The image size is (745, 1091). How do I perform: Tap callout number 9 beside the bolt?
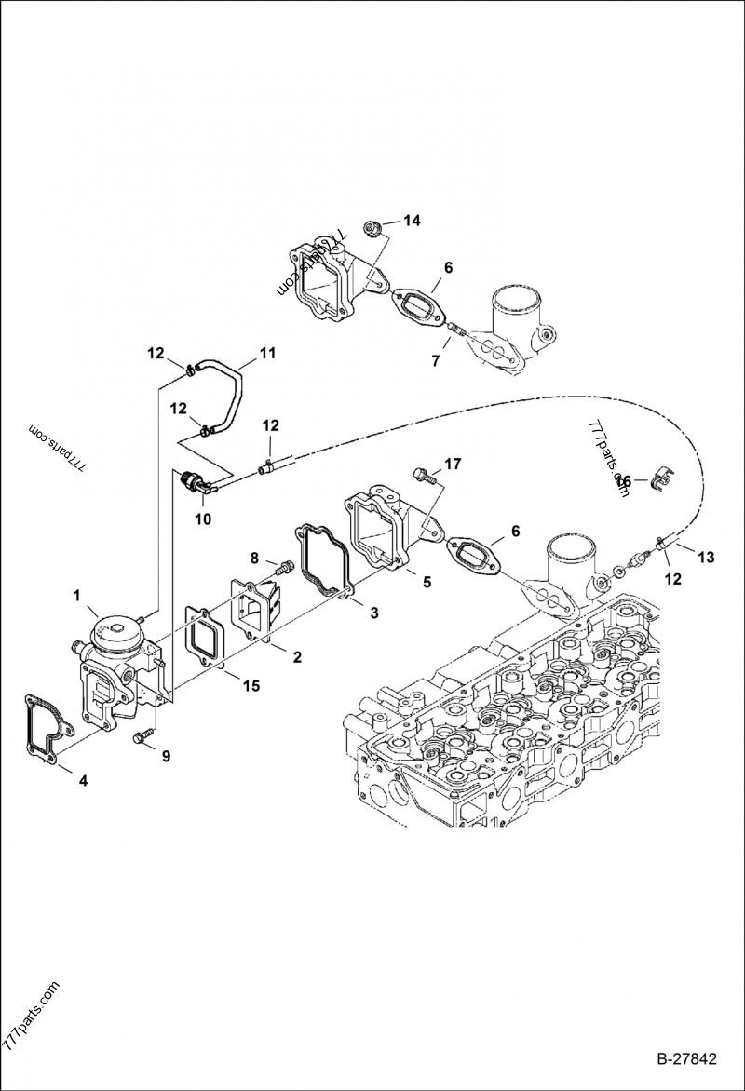(167, 756)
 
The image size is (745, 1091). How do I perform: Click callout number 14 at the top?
(412, 221)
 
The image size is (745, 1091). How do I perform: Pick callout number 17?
(453, 463)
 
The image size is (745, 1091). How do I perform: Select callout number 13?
(705, 557)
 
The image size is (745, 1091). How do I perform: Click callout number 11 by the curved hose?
(267, 353)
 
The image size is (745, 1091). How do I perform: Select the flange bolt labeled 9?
(142, 738)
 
